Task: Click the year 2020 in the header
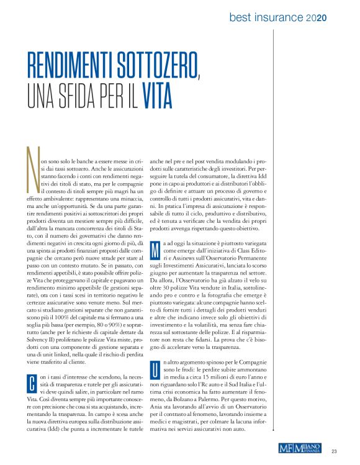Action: click(316, 19)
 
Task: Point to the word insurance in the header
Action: click(280, 19)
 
